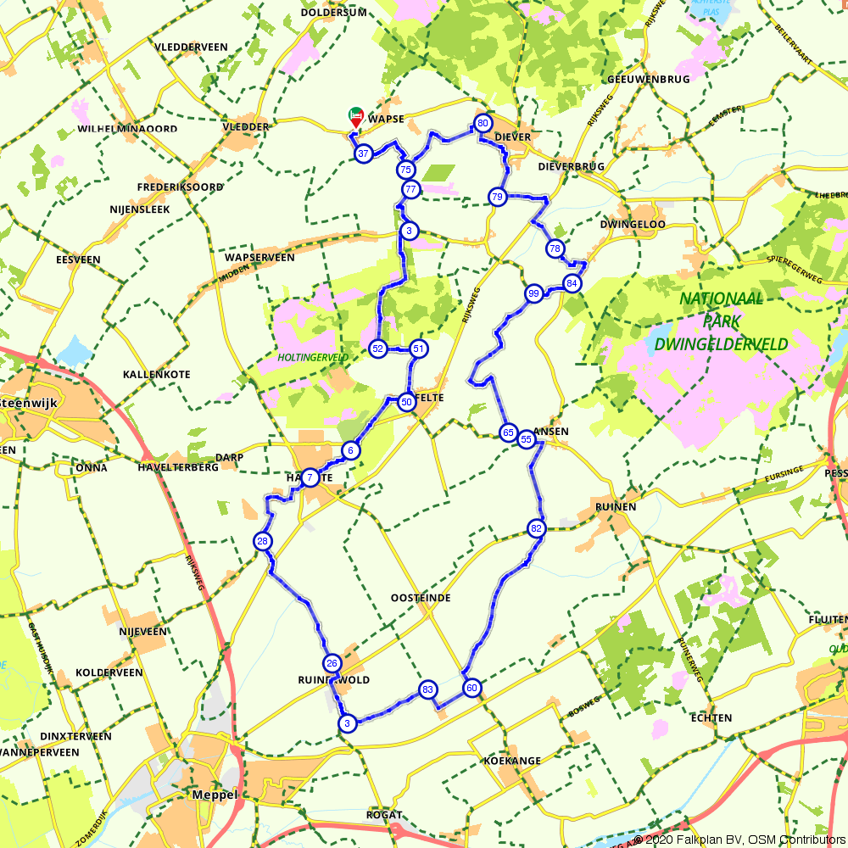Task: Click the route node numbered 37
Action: tap(363, 154)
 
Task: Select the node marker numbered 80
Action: tap(483, 124)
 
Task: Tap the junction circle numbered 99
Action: tap(533, 294)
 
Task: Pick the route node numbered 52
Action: tap(378, 349)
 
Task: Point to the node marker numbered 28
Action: tap(263, 541)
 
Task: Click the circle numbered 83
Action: tap(427, 689)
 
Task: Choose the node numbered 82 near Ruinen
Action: tap(536, 528)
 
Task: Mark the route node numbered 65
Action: tap(508, 432)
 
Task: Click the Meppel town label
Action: tap(215, 795)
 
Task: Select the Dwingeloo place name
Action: tap(633, 225)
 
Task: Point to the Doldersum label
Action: tap(333, 12)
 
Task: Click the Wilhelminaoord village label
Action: tap(127, 129)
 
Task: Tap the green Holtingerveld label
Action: tap(313, 358)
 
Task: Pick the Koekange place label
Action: tap(511, 761)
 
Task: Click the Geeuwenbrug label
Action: tap(637, 79)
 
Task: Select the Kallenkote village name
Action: tap(157, 374)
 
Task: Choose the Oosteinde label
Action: tap(421, 598)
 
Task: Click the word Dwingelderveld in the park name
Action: tap(722, 344)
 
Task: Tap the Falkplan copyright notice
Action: tap(738, 840)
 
